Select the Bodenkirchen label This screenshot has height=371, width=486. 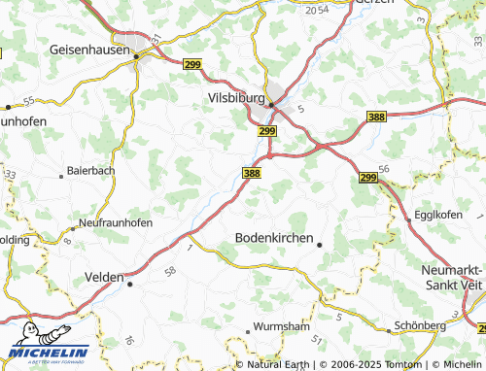(x=275, y=238)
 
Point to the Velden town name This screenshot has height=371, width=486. (x=104, y=275)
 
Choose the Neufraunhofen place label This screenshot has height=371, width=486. (x=115, y=222)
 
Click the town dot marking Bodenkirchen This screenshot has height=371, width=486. (x=320, y=245)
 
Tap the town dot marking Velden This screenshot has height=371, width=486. (x=130, y=285)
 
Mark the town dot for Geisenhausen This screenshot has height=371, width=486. (x=136, y=55)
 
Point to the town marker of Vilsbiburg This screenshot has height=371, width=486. (x=273, y=105)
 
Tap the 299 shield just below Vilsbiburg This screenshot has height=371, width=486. (x=268, y=130)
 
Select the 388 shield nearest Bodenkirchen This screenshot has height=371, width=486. (x=252, y=172)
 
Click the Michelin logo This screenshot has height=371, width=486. (x=49, y=353)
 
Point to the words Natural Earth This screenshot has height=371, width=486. (x=279, y=365)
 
